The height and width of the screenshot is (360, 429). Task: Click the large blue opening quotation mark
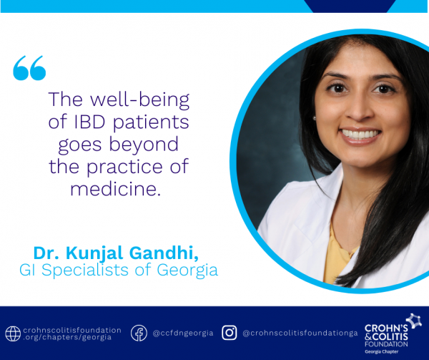[x=29, y=68]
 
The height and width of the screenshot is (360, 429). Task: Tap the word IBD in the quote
[x=90, y=122]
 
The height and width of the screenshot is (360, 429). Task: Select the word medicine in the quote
[x=115, y=189]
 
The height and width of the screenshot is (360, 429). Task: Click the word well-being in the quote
[x=140, y=100]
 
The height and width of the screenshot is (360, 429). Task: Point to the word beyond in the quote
[x=144, y=145]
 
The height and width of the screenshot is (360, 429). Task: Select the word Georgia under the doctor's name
[x=187, y=271]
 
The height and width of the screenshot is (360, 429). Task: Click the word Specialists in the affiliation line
[x=85, y=271]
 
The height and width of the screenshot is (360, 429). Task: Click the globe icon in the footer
[x=13, y=334]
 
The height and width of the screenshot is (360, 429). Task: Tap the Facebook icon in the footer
[x=139, y=333]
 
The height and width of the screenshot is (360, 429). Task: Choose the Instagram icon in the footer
[x=230, y=333]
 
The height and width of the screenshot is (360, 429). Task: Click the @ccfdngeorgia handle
[x=183, y=334]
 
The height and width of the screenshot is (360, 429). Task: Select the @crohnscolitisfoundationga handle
[x=300, y=334]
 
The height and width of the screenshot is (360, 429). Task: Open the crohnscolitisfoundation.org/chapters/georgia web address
[x=72, y=334]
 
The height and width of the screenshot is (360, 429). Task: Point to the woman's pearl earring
[x=315, y=118]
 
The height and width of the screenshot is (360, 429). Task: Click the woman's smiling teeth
[x=360, y=134]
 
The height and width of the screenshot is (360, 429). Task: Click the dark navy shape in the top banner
[x=350, y=6]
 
